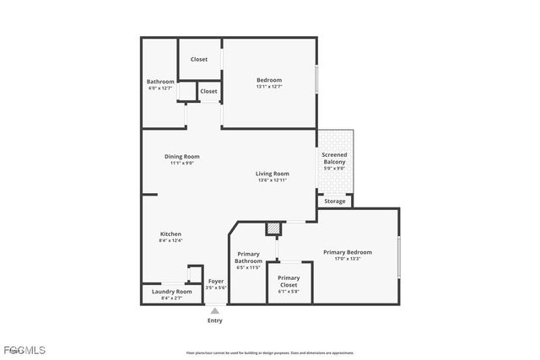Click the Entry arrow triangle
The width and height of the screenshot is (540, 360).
click(215, 311)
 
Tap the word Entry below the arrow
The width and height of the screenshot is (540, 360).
click(215, 320)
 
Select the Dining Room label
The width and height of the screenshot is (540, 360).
click(181, 156)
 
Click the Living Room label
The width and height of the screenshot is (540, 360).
click(273, 174)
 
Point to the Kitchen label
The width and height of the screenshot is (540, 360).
click(170, 234)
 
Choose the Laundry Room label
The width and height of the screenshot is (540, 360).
click(171, 292)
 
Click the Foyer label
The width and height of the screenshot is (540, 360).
click(216, 281)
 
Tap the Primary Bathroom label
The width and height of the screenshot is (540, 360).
click(248, 257)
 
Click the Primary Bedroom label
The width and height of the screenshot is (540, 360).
click(347, 251)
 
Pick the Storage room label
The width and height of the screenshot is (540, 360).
click(335, 201)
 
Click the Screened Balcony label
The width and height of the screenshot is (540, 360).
click(334, 159)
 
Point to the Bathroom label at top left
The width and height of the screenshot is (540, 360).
click(160, 82)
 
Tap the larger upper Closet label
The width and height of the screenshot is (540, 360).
click(199, 59)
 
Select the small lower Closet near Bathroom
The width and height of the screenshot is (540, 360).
click(208, 91)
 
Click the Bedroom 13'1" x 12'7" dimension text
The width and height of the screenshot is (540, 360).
click(269, 86)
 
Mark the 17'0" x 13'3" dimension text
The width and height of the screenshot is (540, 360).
click(347, 259)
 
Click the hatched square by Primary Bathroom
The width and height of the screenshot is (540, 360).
click(273, 228)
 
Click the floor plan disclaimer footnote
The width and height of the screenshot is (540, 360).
click(270, 353)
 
